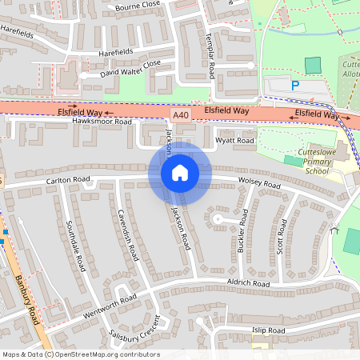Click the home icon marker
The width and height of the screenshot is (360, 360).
pos(180,173)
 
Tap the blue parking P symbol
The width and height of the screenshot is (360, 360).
pos(295,86)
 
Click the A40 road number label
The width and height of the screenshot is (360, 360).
pos(182,115)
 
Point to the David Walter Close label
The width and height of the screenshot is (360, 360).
pos(130,69)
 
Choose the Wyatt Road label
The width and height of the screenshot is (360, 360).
pos(235,141)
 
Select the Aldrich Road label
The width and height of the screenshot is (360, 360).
pos(248,284)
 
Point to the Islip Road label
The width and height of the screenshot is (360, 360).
pos(268,330)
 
